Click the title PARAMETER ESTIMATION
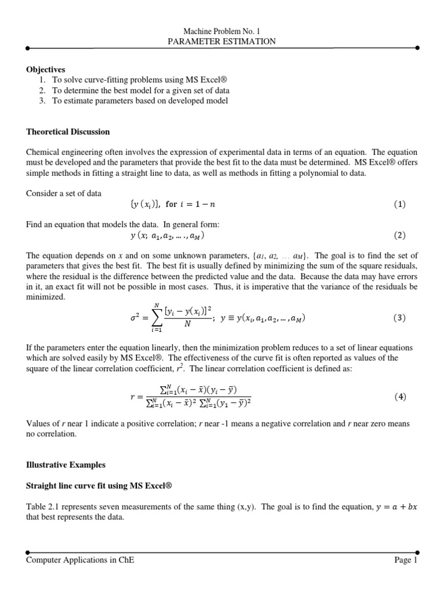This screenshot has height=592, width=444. pyautogui.click(x=221, y=41)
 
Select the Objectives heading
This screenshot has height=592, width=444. pyautogui.click(x=46, y=69)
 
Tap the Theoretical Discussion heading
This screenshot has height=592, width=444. pyautogui.click(x=68, y=132)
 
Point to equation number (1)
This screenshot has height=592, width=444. pyautogui.click(x=400, y=205)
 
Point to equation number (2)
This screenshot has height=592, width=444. pyautogui.click(x=400, y=236)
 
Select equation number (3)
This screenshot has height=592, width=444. pyautogui.click(x=400, y=319)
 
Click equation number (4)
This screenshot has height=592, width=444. pyautogui.click(x=400, y=397)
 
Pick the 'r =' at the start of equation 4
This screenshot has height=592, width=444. pyautogui.click(x=137, y=397)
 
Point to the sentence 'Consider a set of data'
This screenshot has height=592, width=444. pyautogui.click(x=64, y=193)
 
